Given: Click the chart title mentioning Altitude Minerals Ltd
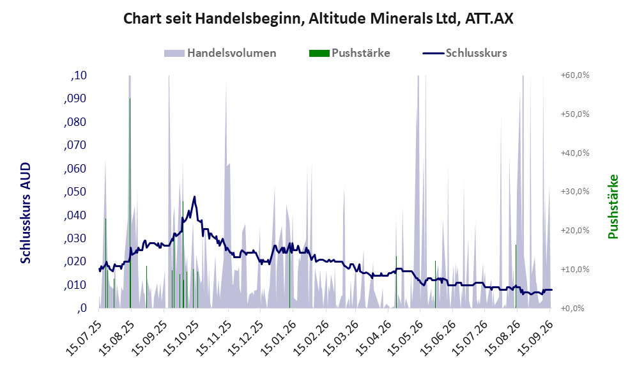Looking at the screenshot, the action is [318, 19].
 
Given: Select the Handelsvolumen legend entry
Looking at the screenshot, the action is [220, 53].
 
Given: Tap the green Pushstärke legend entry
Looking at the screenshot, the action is [349, 53].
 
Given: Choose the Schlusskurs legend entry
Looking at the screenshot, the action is [464, 53].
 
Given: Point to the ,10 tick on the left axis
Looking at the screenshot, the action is [79, 75].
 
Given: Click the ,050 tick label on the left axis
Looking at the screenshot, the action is [75, 192].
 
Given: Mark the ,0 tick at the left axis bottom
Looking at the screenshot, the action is [82, 308].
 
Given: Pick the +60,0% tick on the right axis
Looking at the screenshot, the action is [575, 75].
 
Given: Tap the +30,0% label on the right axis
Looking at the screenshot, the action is [575, 191].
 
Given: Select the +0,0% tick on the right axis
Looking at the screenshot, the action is [573, 308].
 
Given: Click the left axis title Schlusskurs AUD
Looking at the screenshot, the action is [25, 213].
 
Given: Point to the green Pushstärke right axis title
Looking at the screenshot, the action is [613, 207].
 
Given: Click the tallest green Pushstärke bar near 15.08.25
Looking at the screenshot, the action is [130, 203].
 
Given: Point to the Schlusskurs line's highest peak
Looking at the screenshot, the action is [195, 197].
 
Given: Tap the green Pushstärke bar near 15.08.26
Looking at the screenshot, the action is [516, 276].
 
